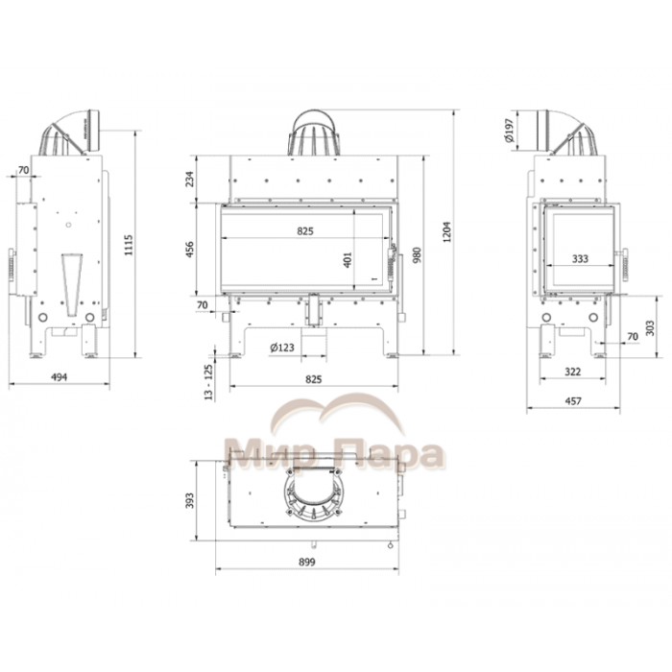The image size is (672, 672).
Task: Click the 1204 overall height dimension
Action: tap(446, 232)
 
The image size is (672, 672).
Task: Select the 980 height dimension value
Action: tap(417, 255)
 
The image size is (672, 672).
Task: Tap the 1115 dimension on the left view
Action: tap(129, 245)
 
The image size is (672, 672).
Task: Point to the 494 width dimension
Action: tap(60, 377)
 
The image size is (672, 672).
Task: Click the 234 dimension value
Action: tap(189, 179)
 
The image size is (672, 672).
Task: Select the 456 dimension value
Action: tap(189, 250)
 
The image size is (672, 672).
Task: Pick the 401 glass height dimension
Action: tap(348, 260)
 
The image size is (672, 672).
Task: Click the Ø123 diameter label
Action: tap(282, 348)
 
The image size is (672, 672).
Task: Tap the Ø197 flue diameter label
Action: tap(509, 131)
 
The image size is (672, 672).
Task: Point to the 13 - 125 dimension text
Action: tap(208, 382)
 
